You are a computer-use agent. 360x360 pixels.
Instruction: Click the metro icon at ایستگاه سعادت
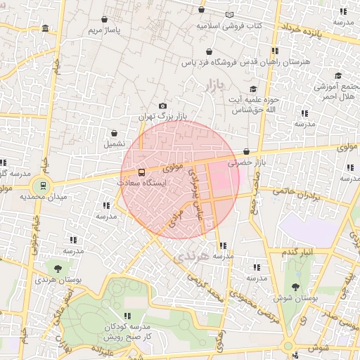(142, 172)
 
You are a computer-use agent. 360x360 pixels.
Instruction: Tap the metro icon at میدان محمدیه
(43, 186)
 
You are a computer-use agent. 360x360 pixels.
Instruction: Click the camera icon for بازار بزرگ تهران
(163, 105)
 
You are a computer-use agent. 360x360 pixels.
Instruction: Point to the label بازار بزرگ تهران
(154, 115)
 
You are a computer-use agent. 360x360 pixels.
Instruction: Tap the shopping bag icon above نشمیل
(114, 133)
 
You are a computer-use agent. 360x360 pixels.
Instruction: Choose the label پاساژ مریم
(105, 31)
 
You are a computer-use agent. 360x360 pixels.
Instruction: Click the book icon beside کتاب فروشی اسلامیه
(230, 15)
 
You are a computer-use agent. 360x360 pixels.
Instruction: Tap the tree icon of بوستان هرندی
(58, 268)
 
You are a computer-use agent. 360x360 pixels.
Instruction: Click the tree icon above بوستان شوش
(295, 286)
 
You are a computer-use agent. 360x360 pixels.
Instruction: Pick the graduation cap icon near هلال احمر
(337, 76)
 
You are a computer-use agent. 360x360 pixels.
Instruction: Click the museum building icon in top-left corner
(46, 28)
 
